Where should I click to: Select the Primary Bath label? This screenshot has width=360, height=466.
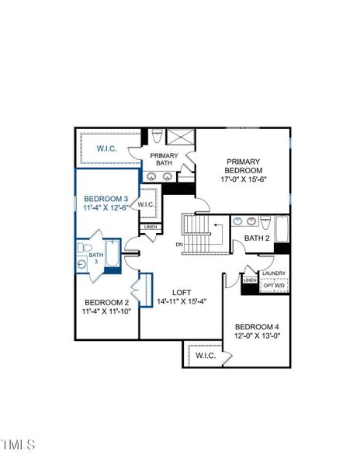[x=164, y=159]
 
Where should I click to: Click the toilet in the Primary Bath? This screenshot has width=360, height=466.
[x=157, y=137]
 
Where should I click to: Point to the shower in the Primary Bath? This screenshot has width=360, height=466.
[x=180, y=138]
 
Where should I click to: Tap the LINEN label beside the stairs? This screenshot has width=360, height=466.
[x=150, y=227]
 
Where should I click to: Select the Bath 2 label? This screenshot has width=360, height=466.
[x=257, y=238]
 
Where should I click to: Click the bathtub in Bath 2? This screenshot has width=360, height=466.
[x=282, y=231]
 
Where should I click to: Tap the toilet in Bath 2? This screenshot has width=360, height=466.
[x=265, y=222]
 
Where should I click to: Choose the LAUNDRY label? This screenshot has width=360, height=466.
[x=274, y=273]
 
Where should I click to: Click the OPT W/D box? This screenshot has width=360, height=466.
[x=274, y=286]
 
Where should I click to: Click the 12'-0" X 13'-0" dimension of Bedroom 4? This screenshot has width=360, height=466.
[x=257, y=336]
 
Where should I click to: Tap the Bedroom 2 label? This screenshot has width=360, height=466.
[x=106, y=301]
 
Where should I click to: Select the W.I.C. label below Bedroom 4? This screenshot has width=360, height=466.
[x=206, y=356]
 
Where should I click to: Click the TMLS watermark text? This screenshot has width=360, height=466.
[x=19, y=445]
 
